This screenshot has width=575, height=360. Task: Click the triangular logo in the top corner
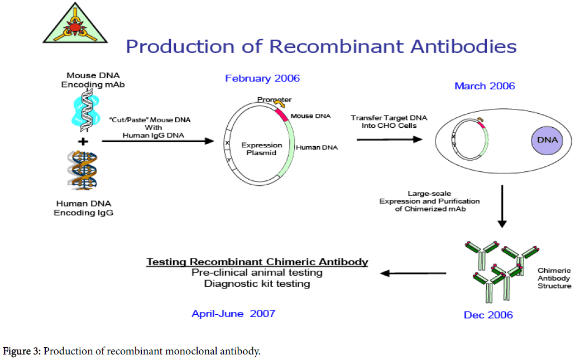tap(75, 25)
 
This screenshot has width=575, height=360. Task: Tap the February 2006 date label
tap(262, 79)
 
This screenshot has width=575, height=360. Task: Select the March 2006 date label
tap(485, 86)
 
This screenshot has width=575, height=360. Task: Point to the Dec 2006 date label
tap(488, 315)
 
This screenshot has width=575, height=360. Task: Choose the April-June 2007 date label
tap(233, 314)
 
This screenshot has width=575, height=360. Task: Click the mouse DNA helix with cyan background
tap(86, 111)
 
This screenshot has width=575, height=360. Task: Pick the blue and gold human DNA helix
tap(83, 170)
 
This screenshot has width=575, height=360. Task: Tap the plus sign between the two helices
tap(83, 142)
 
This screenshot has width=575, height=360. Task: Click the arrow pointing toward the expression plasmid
tap(157, 141)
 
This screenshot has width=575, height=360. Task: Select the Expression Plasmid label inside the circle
tap(261, 149)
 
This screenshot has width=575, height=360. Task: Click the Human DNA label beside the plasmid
tap(317, 147)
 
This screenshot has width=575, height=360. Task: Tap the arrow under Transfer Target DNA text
tap(390, 140)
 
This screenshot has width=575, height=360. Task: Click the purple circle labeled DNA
tap(547, 141)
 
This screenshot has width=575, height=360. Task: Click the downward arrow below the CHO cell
tap(502, 207)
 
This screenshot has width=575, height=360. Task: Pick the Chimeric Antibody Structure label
tap(554, 279)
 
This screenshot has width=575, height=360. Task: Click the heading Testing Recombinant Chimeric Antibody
tap(257, 262)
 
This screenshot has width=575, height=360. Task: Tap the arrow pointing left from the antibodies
tap(413, 273)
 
